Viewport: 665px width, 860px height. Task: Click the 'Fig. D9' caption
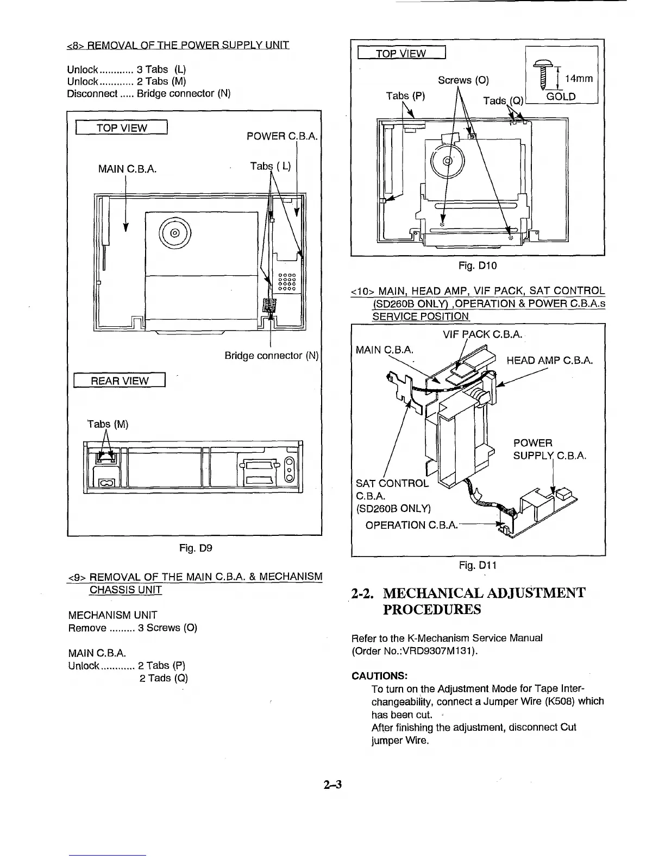(195, 548)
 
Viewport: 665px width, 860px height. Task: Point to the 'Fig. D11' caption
(478, 566)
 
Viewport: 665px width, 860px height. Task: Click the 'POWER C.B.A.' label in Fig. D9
(281, 136)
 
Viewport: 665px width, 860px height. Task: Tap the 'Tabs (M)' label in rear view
(108, 424)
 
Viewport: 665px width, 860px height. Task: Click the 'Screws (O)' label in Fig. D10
(463, 80)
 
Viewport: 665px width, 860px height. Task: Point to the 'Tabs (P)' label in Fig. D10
(405, 96)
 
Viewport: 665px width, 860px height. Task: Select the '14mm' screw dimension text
(579, 79)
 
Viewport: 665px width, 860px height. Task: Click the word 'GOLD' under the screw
(561, 97)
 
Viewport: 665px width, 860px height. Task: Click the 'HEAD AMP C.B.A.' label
(549, 361)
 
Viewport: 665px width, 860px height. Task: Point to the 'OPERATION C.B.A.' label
(411, 525)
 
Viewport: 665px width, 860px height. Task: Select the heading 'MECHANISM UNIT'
(112, 615)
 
